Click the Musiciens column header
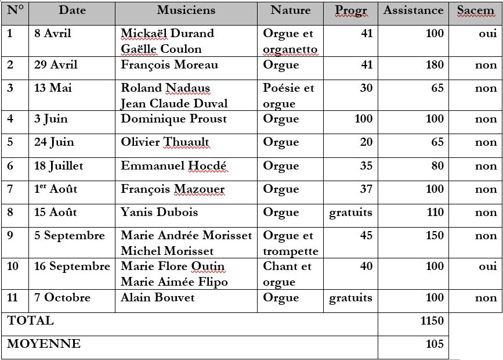click(186, 10)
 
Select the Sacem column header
click(475, 10)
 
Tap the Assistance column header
click(413, 10)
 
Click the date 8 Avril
click(53, 34)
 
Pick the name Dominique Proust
click(173, 119)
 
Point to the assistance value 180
click(435, 65)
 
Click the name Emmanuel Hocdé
click(173, 166)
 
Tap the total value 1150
click(432, 321)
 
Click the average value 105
click(435, 344)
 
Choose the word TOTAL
click(30, 321)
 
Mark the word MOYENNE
click(44, 344)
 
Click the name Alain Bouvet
click(157, 298)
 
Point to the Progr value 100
click(363, 119)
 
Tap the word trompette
click(290, 251)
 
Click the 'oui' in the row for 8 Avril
click(487, 34)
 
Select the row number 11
click(13, 298)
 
